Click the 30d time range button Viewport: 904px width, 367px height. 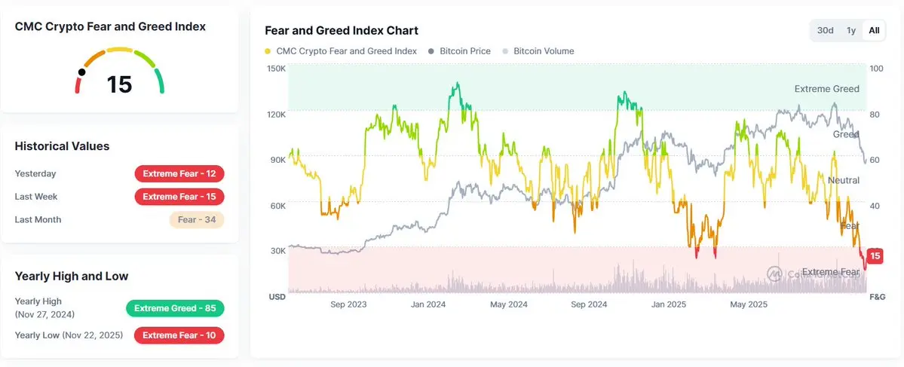(826, 30)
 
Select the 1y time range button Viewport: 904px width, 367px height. (851, 30)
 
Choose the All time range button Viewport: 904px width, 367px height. (874, 30)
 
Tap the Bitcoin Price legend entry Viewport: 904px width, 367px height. (459, 51)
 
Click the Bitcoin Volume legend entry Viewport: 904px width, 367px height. (538, 51)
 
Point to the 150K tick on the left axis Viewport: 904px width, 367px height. (277, 69)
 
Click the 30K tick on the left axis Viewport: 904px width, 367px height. (277, 251)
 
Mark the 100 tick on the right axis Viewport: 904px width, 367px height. (876, 69)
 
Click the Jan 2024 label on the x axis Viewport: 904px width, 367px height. (428, 304)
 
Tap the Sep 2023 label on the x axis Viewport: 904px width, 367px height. (348, 304)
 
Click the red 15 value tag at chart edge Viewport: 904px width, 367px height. (875, 256)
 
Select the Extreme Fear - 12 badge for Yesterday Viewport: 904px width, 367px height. (179, 174)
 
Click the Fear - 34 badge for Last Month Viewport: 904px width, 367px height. (196, 220)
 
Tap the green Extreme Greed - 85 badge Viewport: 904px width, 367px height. (175, 308)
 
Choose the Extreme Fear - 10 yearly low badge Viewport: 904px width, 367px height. (179, 335)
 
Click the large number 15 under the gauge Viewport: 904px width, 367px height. (119, 84)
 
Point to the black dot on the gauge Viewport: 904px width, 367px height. (81, 72)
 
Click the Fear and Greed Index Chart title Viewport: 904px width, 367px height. (342, 31)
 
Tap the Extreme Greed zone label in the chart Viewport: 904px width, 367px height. (826, 89)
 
